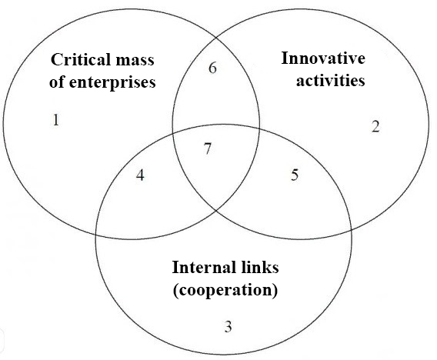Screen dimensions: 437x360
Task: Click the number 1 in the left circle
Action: [56, 120]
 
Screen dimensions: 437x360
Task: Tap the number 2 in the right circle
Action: [375, 126]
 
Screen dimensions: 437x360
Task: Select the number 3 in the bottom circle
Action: [228, 326]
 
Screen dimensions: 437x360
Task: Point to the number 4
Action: [140, 175]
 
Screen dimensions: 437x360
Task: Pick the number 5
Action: [295, 175]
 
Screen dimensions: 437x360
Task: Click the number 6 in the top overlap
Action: [212, 68]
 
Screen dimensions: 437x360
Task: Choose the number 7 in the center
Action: [208, 148]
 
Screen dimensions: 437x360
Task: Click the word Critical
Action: [78, 59]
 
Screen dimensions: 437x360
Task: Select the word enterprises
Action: [112, 82]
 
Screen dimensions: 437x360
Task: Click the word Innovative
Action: [323, 58]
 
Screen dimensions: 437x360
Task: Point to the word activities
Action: [331, 81]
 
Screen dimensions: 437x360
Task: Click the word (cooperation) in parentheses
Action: [225, 290]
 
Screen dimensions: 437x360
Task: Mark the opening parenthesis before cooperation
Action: [176, 290]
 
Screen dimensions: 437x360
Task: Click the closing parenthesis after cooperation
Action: [275, 290]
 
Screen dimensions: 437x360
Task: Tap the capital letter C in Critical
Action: [56, 59]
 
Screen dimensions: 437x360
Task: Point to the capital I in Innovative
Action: [285, 58]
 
